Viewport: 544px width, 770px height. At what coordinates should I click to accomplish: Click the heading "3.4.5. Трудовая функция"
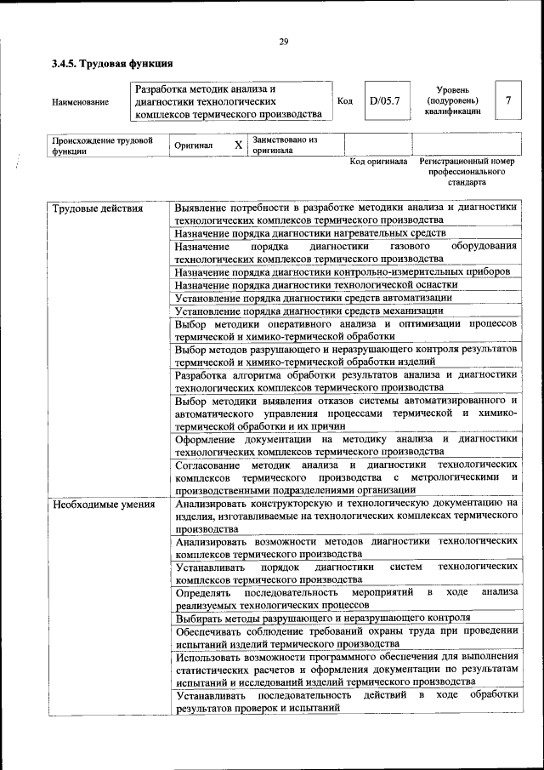112,64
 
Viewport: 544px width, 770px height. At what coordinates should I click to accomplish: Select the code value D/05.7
384,101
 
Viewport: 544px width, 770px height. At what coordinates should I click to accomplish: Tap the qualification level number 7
508,100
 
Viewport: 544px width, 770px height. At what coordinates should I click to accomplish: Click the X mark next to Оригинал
238,145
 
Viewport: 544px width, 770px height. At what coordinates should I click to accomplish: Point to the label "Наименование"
80,102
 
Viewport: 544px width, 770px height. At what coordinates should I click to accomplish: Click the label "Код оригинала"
378,161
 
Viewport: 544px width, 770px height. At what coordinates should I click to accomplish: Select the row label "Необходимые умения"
104,504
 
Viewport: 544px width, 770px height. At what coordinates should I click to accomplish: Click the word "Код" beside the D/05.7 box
345,101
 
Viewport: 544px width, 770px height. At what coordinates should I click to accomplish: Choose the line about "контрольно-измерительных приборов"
342,271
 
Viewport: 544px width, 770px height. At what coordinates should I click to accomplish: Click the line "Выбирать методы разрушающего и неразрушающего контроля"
322,618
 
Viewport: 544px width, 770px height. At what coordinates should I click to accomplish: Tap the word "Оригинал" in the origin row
193,145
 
